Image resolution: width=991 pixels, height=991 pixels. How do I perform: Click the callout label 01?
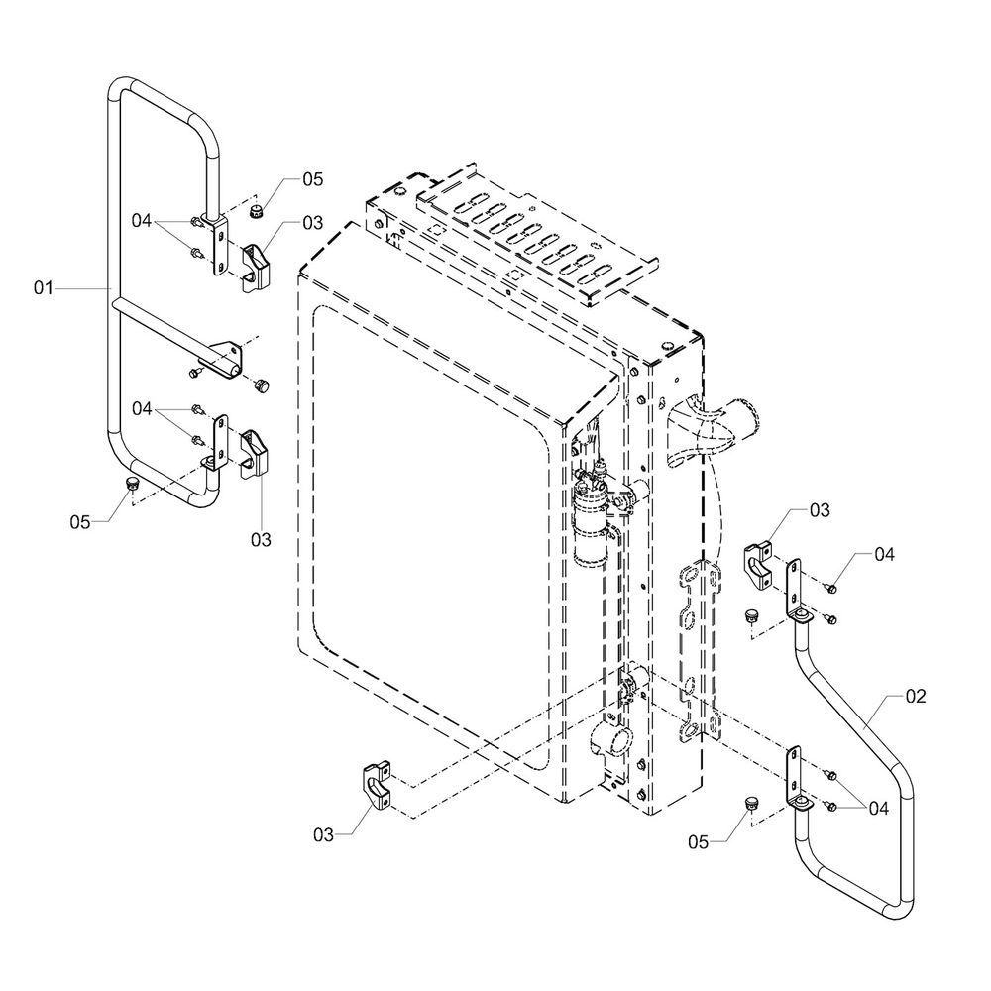pyautogui.click(x=42, y=288)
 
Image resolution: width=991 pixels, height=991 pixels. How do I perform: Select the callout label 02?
pyautogui.click(x=915, y=696)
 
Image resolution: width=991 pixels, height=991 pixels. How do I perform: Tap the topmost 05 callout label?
pyautogui.click(x=313, y=179)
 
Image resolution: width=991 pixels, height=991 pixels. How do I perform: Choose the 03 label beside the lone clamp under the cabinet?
pyautogui.click(x=324, y=835)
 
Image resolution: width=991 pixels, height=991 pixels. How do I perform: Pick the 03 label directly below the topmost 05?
pyautogui.click(x=313, y=222)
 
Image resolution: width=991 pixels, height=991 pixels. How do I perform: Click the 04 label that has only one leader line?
pyautogui.click(x=884, y=554)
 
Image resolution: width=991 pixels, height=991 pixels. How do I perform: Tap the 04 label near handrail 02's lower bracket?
pyautogui.click(x=875, y=808)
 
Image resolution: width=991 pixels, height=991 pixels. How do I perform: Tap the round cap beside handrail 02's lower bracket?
pyautogui.click(x=751, y=802)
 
